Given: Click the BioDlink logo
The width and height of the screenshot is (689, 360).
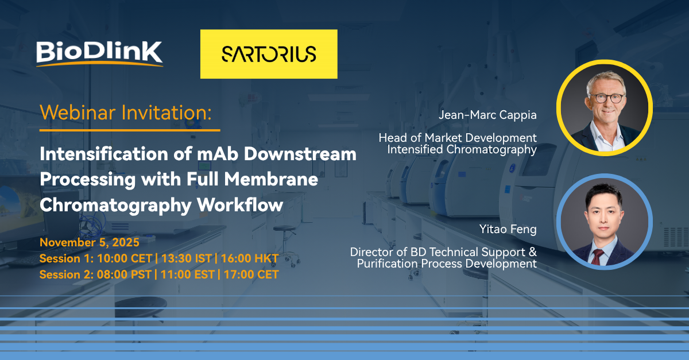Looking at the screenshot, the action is pyautogui.click(x=99, y=54).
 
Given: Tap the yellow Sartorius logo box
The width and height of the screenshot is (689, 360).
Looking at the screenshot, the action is pyautogui.click(x=269, y=54).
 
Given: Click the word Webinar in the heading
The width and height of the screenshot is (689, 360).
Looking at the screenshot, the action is pyautogui.click(x=78, y=113).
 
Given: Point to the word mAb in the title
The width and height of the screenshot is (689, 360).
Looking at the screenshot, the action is pyautogui.click(x=218, y=153).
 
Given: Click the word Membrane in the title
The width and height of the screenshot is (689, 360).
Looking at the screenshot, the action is pyautogui.click(x=271, y=179).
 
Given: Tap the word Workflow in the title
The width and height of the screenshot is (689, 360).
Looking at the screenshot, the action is pyautogui.click(x=240, y=204).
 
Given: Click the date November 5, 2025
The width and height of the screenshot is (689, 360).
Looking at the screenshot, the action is pyautogui.click(x=90, y=242).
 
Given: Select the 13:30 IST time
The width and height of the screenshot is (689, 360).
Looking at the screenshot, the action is pyautogui.click(x=187, y=258).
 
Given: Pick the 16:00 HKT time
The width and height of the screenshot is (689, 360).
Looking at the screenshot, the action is pyautogui.click(x=250, y=258).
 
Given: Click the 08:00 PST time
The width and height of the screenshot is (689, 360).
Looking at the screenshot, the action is pyautogui.click(x=124, y=274).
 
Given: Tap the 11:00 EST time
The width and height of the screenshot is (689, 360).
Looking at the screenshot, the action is pyautogui.click(x=188, y=274).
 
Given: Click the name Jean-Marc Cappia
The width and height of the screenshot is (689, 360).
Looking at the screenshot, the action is pyautogui.click(x=487, y=115).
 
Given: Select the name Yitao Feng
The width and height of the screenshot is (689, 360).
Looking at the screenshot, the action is pyautogui.click(x=508, y=229).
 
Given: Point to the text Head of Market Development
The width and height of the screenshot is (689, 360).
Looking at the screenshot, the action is pyautogui.click(x=458, y=138).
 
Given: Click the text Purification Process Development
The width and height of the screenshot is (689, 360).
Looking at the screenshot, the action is pyautogui.click(x=447, y=264).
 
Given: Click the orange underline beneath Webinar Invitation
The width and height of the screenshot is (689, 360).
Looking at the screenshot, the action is pyautogui.click(x=130, y=130).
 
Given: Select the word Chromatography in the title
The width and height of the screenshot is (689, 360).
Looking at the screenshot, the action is pyautogui.click(x=115, y=205).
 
